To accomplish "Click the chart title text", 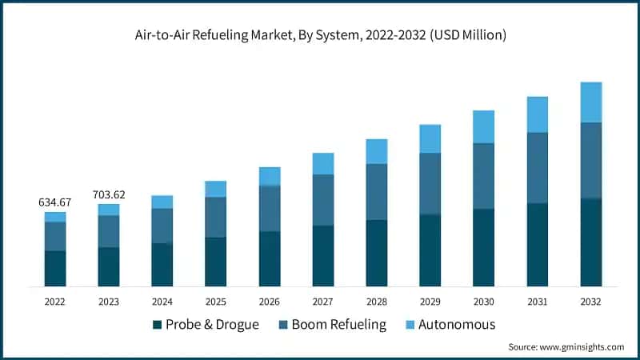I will point(320,36).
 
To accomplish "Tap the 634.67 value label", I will point(55,202).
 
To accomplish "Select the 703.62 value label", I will point(109,194).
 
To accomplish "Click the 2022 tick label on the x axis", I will point(55,302).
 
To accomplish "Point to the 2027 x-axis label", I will point(323,302).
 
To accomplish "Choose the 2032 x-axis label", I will point(591,302).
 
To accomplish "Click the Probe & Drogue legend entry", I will point(207,324).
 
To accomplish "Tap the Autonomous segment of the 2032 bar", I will point(591,102).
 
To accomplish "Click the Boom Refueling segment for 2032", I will point(591,160).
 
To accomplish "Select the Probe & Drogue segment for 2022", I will point(55,268).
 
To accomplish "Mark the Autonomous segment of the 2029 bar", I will point(430,138).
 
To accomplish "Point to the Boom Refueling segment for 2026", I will point(270,208).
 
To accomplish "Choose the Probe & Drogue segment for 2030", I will point(484,247).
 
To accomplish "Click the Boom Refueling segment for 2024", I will point(162,226).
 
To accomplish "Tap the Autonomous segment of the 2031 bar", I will point(538,114).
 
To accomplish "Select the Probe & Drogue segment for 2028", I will point(377,253).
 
